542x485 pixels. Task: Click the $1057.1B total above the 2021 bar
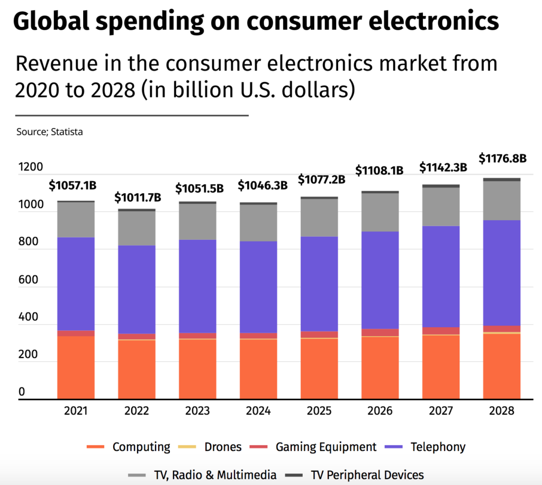73,186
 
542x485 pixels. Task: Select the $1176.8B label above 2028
502,159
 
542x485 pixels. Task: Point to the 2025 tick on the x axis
319,411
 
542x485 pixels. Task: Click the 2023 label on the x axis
197,411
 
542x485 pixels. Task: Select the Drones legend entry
223,447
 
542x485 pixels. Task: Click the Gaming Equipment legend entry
326,447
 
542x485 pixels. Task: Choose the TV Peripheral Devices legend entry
367,475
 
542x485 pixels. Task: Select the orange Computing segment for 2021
76,367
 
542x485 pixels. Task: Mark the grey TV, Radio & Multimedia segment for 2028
502,201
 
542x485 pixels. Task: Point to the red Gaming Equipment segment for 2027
441,331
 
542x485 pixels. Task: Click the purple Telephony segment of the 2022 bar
137,290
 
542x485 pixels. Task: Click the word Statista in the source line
67,132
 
